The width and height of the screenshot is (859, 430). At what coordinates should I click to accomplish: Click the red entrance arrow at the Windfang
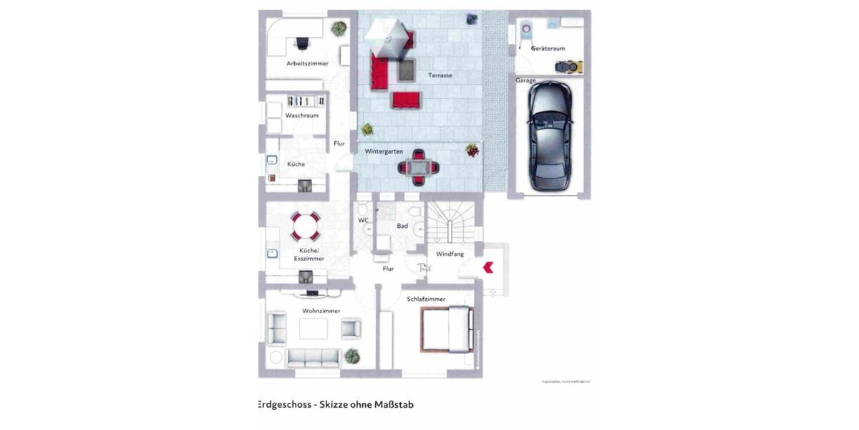(x=489, y=267)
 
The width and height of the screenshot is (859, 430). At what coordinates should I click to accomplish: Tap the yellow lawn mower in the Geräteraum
(x=569, y=67)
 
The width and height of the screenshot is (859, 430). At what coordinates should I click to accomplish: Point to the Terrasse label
(x=440, y=75)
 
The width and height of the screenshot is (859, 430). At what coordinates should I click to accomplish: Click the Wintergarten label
(x=384, y=152)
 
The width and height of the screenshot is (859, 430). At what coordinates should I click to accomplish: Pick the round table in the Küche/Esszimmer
(x=306, y=226)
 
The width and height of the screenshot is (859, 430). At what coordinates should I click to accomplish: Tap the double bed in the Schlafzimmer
(x=447, y=329)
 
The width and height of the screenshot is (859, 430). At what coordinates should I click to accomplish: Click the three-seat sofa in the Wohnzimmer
(x=314, y=357)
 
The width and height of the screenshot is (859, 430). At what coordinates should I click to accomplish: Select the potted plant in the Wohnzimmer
(x=351, y=355)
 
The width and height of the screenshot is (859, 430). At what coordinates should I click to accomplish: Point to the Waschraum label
(x=301, y=115)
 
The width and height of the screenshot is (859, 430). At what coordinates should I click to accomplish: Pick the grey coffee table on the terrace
(x=407, y=71)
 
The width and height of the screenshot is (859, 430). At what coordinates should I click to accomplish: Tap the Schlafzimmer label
(x=426, y=299)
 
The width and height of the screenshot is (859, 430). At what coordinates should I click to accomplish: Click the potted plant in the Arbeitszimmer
(x=339, y=29)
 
